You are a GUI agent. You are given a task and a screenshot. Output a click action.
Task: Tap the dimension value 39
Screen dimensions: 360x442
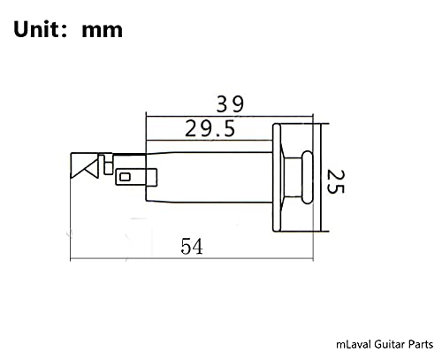click(x=232, y=103)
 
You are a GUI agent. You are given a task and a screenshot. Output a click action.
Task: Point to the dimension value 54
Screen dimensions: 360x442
click(x=191, y=248)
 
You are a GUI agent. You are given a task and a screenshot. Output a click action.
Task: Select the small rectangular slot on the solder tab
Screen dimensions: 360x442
click(x=125, y=177)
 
